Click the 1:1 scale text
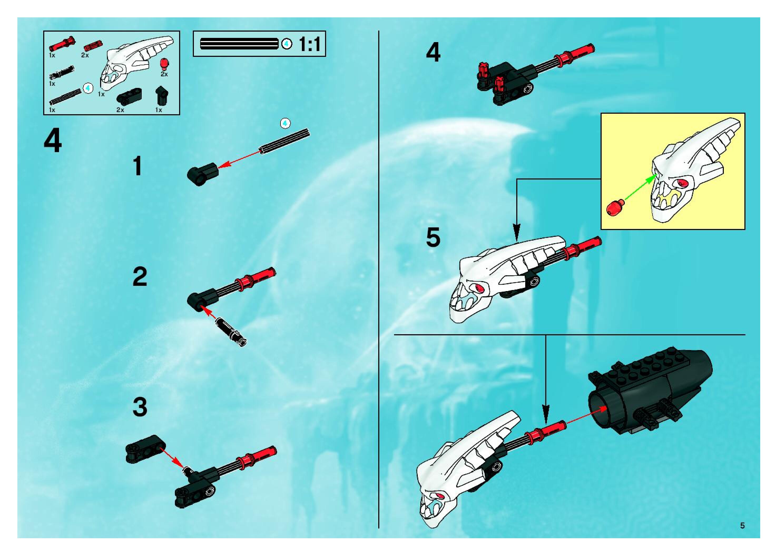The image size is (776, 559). [310, 44]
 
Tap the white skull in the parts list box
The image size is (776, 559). [137, 62]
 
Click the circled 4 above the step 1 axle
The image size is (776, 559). [285, 123]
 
